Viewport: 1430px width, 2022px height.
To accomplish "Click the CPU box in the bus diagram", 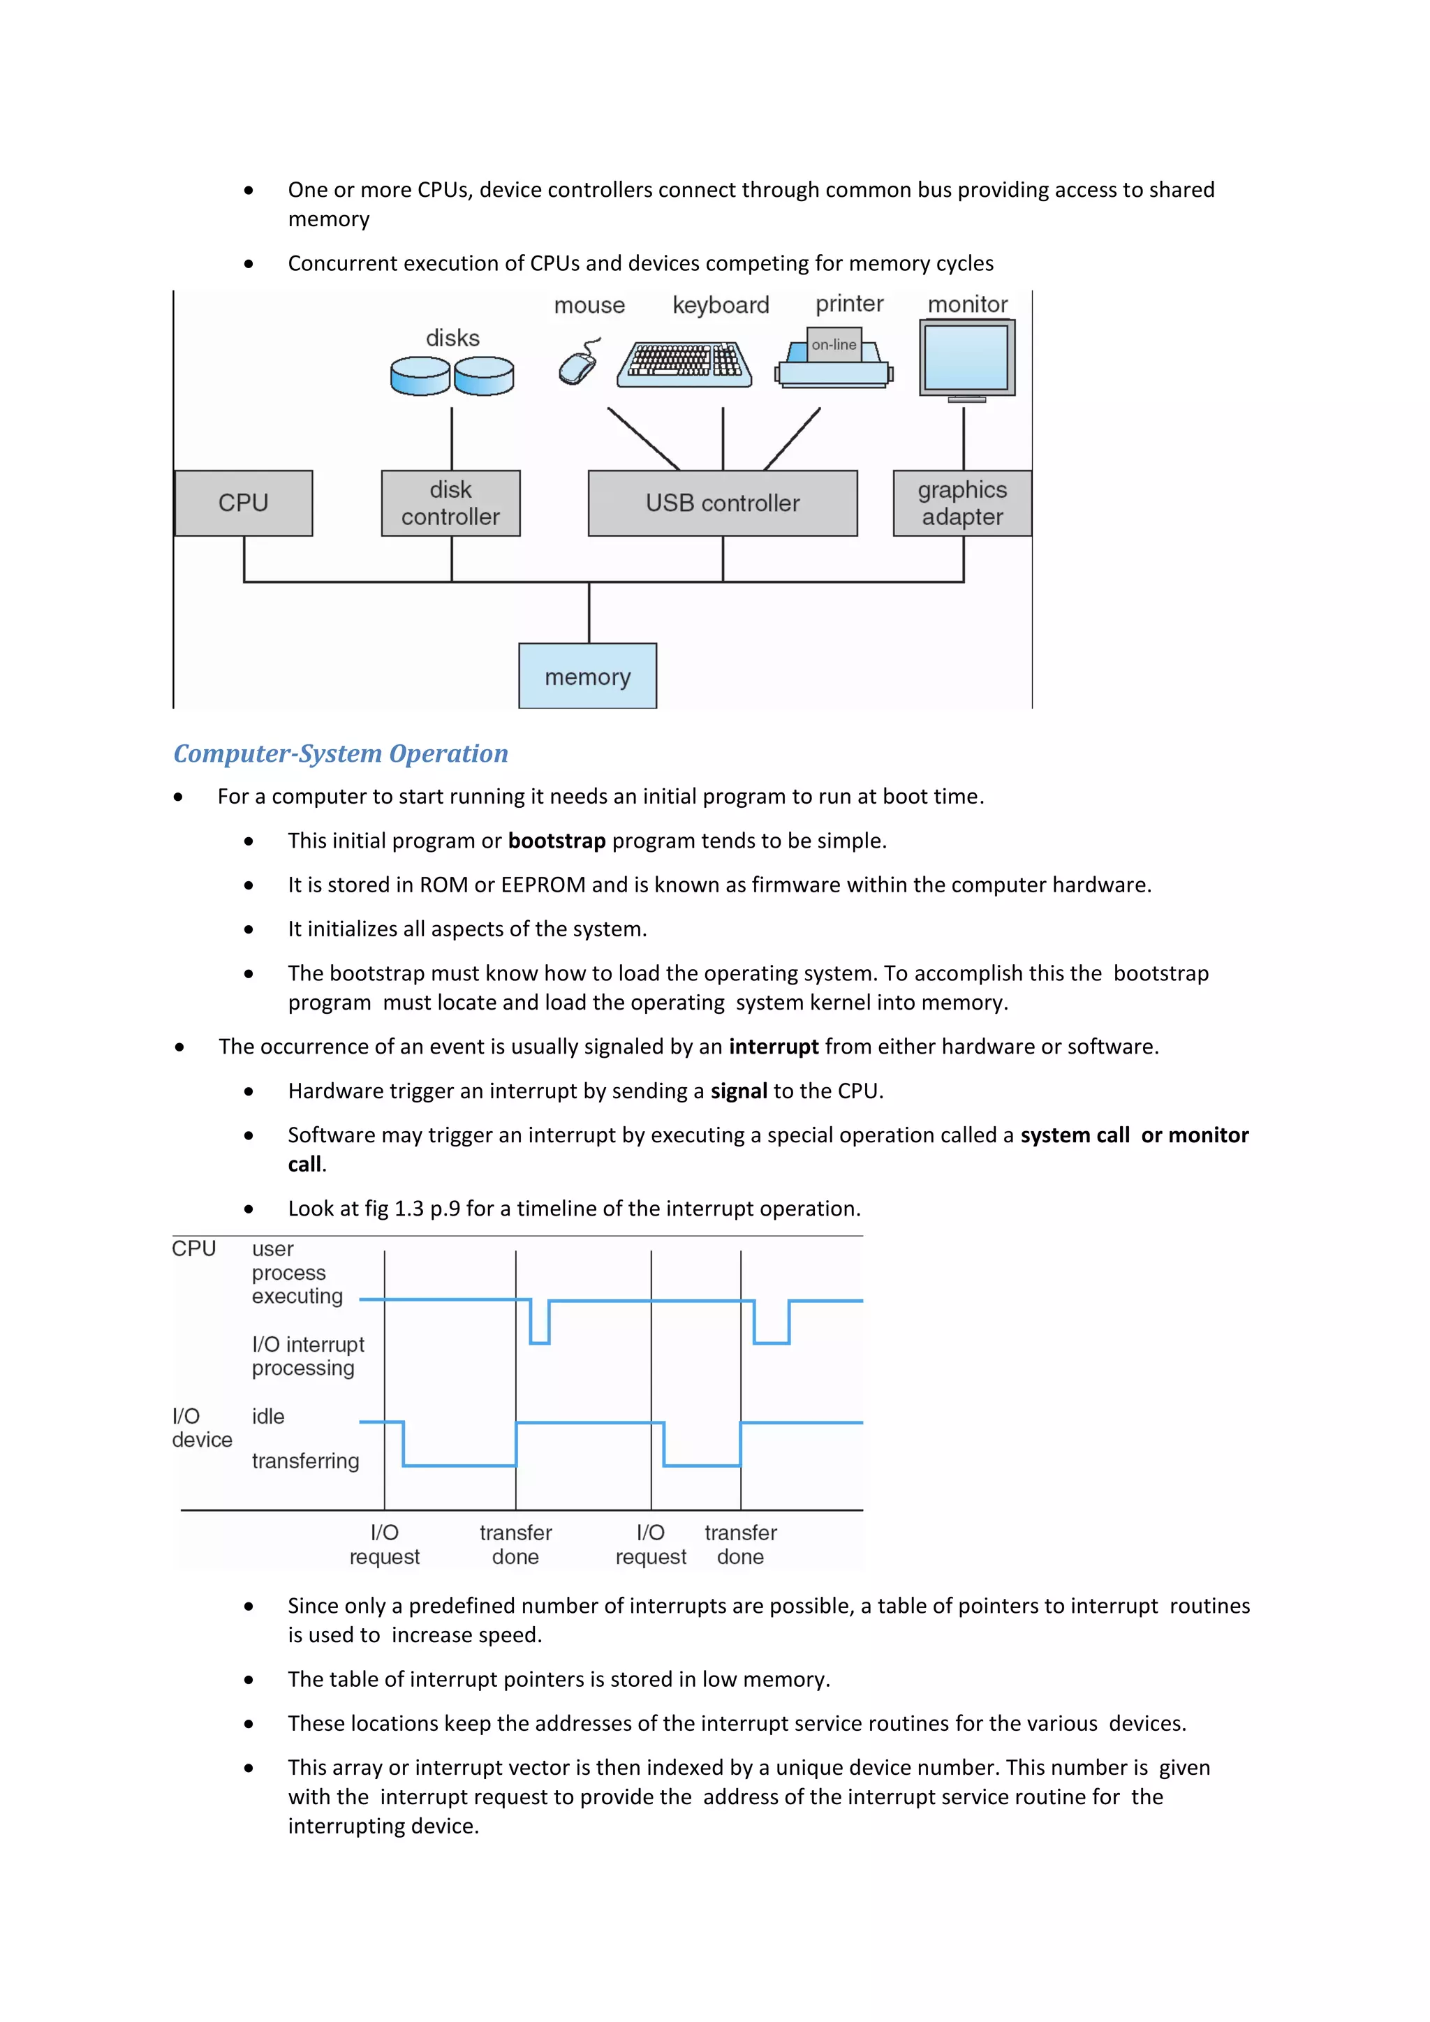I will click(243, 503).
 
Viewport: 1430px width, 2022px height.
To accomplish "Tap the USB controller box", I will click(722, 503).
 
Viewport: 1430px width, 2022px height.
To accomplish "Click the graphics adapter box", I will click(961, 503).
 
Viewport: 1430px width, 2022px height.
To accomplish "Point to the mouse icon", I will click(579, 364).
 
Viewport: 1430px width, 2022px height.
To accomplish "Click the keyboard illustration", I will click(684, 364).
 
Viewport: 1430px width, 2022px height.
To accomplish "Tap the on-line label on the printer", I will click(833, 344).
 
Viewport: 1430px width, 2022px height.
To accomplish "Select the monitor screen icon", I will click(967, 358).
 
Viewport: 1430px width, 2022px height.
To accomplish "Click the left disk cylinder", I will click(420, 375).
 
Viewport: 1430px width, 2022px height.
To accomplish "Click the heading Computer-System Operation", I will click(341, 754).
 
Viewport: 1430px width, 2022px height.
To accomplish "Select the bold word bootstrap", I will click(556, 841).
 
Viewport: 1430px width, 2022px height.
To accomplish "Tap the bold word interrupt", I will click(773, 1047).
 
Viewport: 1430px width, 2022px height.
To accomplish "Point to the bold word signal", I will click(739, 1091).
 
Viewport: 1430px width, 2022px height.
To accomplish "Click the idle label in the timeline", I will click(267, 1416).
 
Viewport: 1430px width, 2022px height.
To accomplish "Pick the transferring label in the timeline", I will click(306, 1461).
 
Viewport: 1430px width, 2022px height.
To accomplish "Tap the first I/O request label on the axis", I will click(384, 1544).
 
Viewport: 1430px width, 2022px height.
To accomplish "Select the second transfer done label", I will click(741, 1544).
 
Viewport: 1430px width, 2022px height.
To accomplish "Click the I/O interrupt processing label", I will click(307, 1356).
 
